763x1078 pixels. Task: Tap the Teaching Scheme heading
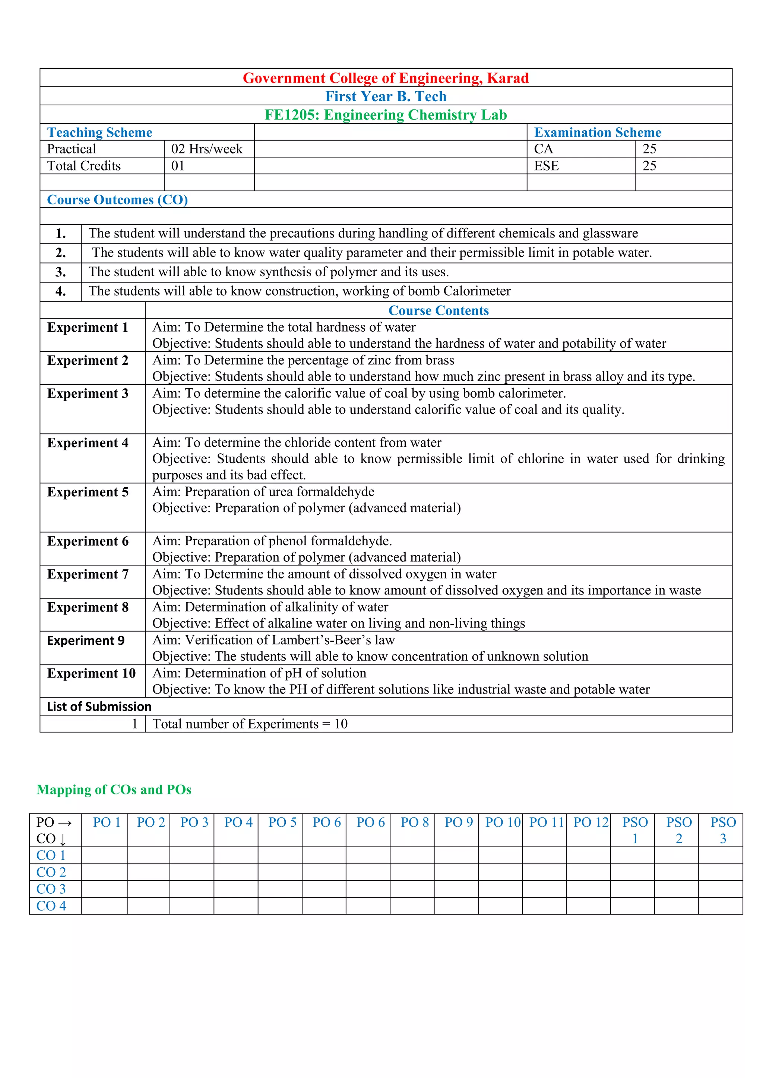99,133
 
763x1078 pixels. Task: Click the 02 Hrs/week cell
207,149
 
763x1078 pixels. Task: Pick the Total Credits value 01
178,166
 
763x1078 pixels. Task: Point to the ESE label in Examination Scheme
547,166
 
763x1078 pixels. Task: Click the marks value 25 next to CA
649,149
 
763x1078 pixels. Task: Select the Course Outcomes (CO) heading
117,200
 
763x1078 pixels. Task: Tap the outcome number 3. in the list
61,272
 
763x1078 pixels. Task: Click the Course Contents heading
439,310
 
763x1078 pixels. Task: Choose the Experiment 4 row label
88,443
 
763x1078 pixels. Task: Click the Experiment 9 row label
86,640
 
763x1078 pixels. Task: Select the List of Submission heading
99,707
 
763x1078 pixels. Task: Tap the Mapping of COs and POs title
114,790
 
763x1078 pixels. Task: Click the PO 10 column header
503,823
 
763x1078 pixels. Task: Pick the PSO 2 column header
679,830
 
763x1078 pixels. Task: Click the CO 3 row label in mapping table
51,889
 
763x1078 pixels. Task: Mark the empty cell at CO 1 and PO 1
104,855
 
